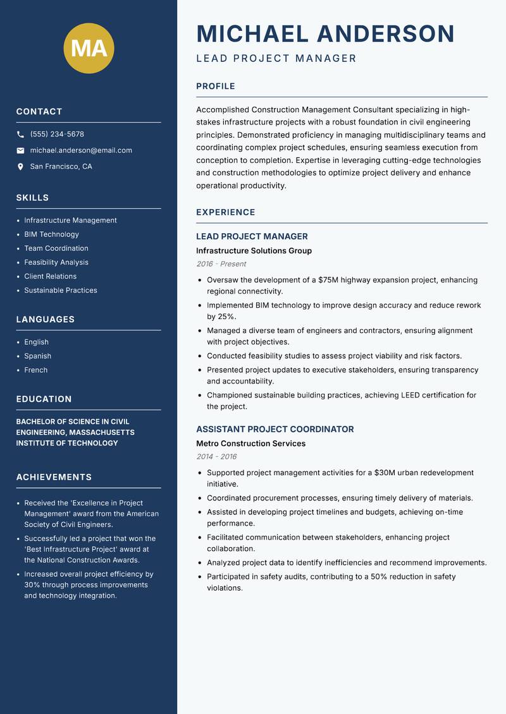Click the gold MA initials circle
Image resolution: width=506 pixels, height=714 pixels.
[89, 48]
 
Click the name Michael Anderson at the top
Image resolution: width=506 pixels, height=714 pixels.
[325, 33]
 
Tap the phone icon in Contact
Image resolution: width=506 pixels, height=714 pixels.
[20, 135]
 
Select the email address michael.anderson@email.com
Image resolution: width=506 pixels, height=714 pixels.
[81, 150]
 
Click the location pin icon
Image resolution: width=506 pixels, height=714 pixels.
[20, 167]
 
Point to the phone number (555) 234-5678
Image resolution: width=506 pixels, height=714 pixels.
[57, 135]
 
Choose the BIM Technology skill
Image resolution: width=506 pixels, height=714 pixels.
[51, 234]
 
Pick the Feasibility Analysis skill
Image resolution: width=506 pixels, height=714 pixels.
[56, 262]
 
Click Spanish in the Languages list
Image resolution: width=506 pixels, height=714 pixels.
[38, 356]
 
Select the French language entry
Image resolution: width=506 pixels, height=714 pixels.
[36, 370]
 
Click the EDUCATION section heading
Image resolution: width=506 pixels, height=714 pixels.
[44, 399]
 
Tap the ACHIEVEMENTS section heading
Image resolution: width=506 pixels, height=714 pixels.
[54, 477]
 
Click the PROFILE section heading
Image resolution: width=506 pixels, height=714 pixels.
[215, 87]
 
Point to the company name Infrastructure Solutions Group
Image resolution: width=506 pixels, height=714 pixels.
[254, 251]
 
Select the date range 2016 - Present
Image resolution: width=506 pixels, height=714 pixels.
[221, 264]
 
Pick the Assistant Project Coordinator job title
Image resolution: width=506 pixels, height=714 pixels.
[275, 429]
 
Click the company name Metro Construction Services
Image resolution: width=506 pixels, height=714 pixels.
[250, 444]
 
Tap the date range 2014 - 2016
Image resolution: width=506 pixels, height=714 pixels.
[216, 457]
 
